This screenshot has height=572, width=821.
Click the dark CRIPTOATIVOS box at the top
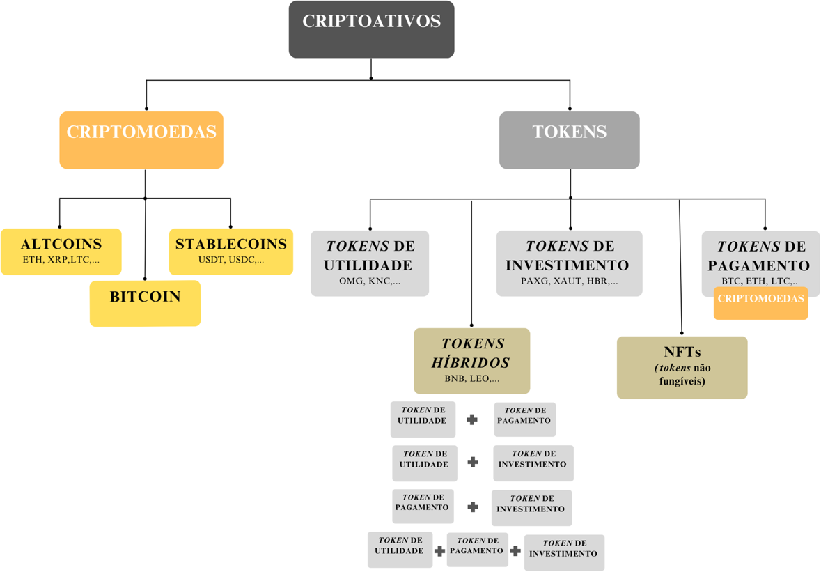tap(371, 29)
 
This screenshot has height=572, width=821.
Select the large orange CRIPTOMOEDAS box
tap(141, 139)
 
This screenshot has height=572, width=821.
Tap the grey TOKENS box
tap(569, 139)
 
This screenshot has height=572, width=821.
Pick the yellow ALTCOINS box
tap(61, 251)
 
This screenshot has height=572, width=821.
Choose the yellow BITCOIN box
tap(145, 303)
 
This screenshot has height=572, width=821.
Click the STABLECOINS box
tap(230, 251)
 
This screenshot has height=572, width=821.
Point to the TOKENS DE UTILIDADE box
tap(369, 263)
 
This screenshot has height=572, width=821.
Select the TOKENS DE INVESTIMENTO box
tap(569, 263)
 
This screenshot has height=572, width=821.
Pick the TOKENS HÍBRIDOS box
tap(471, 360)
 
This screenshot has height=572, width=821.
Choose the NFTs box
tap(682, 367)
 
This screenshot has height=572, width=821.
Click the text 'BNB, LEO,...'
tap(471, 380)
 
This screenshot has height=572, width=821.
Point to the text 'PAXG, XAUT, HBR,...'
tap(569, 282)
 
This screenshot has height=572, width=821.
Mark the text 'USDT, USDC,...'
tap(230, 261)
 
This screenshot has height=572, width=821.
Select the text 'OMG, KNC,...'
tap(369, 282)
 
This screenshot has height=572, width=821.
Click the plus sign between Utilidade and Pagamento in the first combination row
tap(472, 419)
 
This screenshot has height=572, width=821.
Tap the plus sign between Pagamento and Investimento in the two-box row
tap(473, 507)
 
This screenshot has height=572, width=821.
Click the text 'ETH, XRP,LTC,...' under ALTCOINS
tap(61, 261)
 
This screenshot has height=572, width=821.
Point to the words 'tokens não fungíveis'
tap(682, 375)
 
